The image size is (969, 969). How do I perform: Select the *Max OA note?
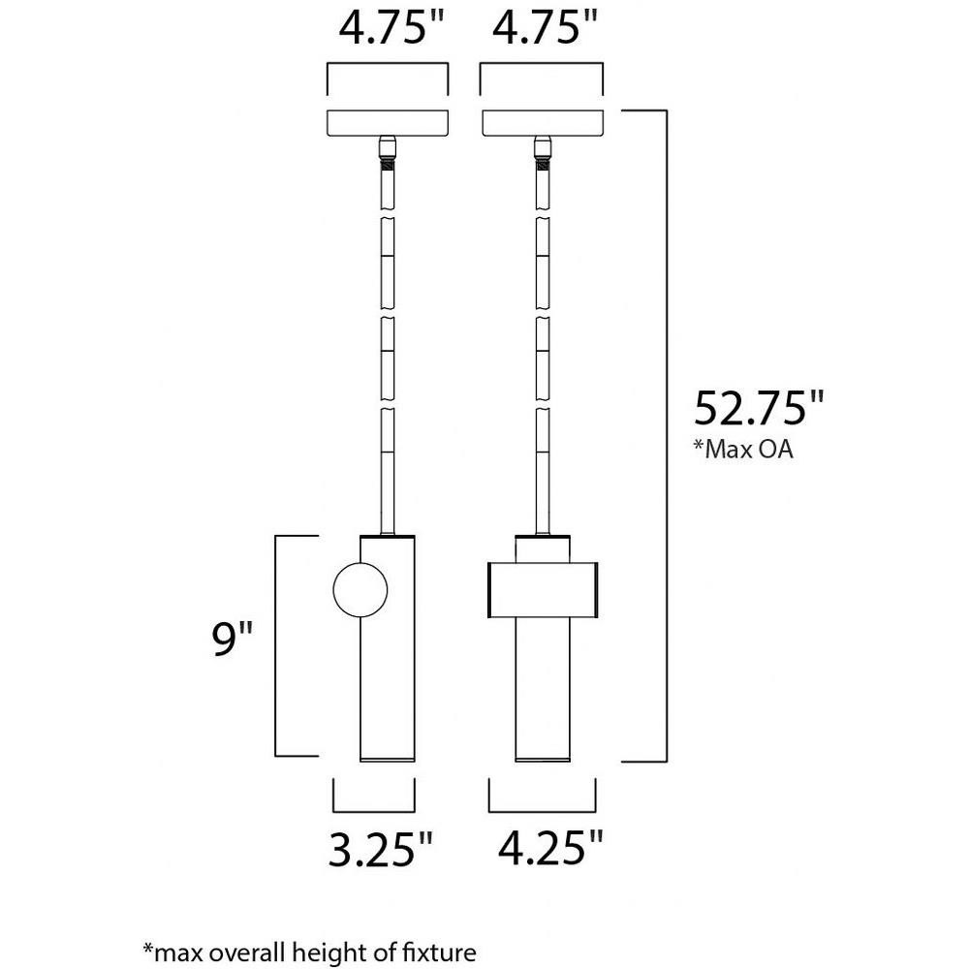(x=741, y=450)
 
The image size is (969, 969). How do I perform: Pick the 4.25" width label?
(x=550, y=847)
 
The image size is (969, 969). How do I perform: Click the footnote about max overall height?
(x=310, y=952)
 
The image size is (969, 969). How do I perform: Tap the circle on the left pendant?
(x=360, y=589)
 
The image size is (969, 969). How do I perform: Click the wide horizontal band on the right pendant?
(x=543, y=589)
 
